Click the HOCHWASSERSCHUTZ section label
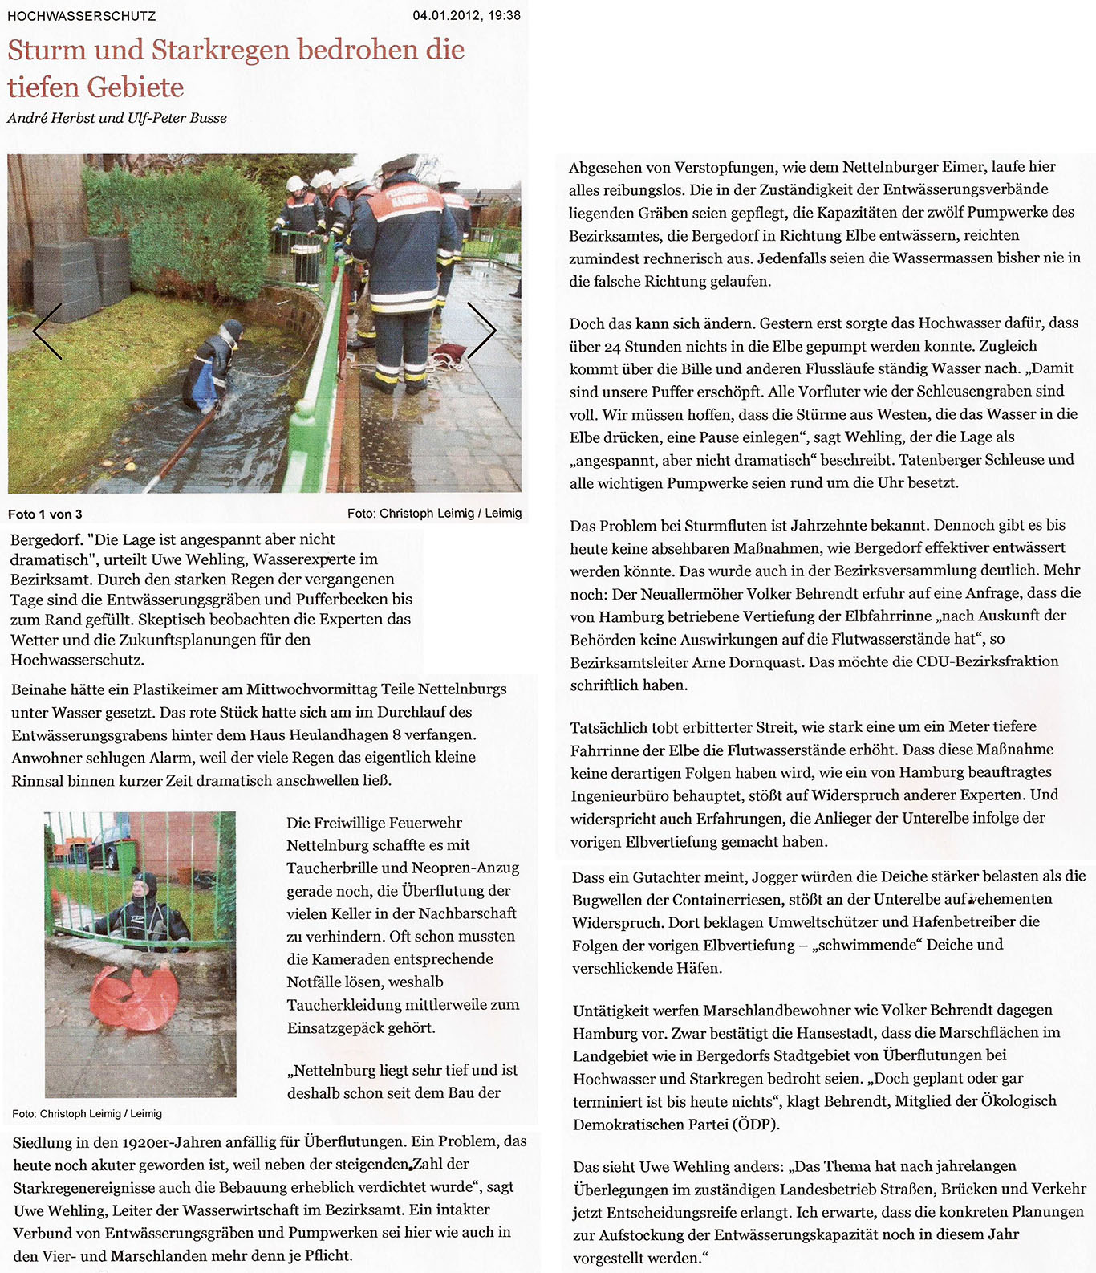(82, 16)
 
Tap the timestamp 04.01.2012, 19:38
(466, 15)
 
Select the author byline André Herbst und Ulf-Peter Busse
(117, 118)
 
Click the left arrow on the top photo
(47, 331)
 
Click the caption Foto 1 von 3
(45, 514)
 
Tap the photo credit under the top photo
(434, 514)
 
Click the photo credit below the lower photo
(87, 1113)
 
